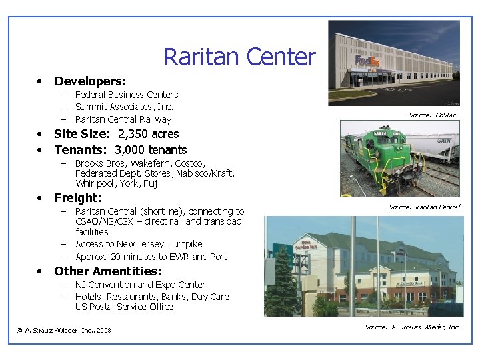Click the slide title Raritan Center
pyautogui.click(x=239, y=57)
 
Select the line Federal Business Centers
pyautogui.click(x=127, y=95)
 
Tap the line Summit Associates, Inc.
pyautogui.click(x=124, y=107)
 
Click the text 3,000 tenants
pyautogui.click(x=151, y=150)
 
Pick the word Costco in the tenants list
pyautogui.click(x=191, y=163)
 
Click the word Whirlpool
pyautogui.click(x=96, y=183)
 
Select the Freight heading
pyautogui.click(x=78, y=198)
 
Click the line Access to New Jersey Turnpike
pyautogui.click(x=139, y=244)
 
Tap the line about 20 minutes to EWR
pyautogui.click(x=151, y=257)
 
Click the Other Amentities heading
pyautogui.click(x=107, y=271)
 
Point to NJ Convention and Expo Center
pyautogui.click(x=140, y=285)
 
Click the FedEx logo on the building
pyautogui.click(x=367, y=61)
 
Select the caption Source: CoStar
pyautogui.click(x=432, y=115)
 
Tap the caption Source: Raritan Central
pyautogui.click(x=424, y=207)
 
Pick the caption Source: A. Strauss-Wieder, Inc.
pyautogui.click(x=412, y=327)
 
